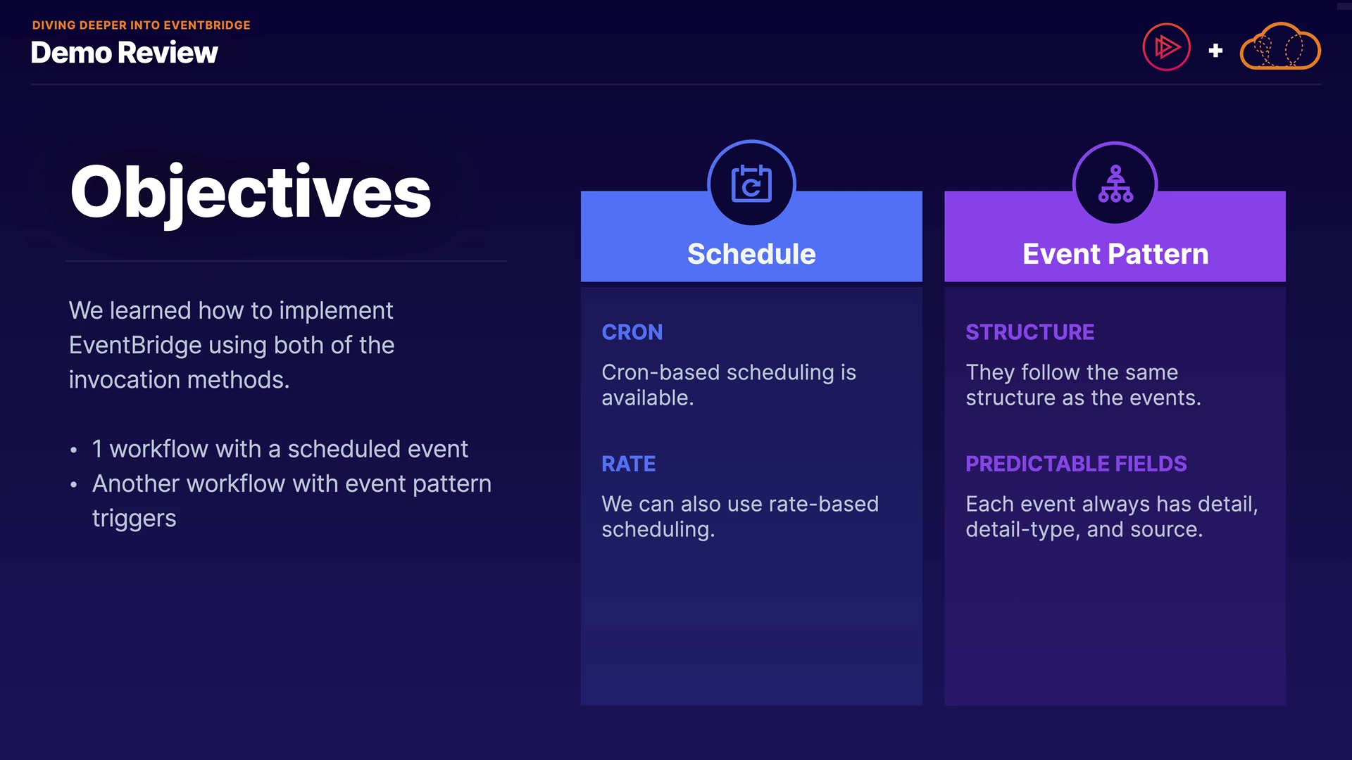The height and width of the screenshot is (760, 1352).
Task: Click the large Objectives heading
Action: click(251, 193)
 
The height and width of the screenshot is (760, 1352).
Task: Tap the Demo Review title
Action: click(125, 53)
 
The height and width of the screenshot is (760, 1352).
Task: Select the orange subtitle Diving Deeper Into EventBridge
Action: click(142, 25)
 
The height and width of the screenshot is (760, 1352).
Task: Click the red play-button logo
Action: click(1166, 47)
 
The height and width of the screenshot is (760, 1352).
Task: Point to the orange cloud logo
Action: click(1280, 46)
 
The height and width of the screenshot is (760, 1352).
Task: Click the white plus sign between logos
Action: click(1215, 51)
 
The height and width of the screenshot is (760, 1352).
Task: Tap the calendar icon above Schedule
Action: click(751, 184)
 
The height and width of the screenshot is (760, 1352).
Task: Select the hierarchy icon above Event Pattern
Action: click(1115, 184)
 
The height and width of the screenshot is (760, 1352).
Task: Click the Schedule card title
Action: click(751, 254)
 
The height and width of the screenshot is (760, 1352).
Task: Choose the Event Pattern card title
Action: click(1115, 254)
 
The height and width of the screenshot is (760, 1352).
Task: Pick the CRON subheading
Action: click(632, 332)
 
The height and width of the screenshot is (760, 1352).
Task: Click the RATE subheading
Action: click(629, 464)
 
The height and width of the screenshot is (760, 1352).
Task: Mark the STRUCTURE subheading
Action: click(1030, 332)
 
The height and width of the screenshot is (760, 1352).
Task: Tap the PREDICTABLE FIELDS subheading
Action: click(1077, 464)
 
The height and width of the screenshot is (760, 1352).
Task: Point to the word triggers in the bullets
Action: click(134, 519)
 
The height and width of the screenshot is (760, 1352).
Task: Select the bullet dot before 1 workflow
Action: click(73, 450)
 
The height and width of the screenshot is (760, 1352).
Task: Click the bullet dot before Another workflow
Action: click(73, 485)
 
